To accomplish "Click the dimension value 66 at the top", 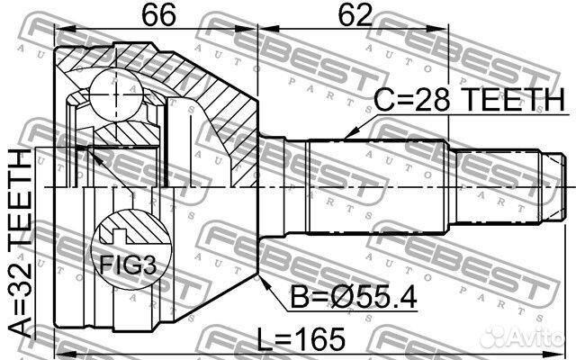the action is [x=158, y=15].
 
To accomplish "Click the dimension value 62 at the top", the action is [x=355, y=15].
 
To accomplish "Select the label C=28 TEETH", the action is [x=469, y=100].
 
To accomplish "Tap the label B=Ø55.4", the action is [x=354, y=297].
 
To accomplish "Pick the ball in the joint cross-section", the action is [x=115, y=94].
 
